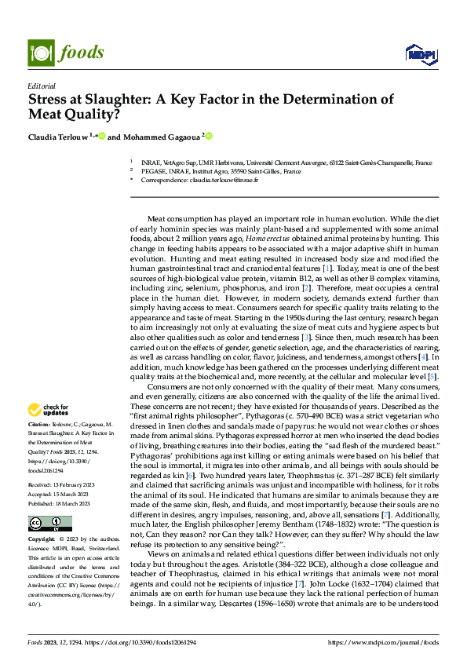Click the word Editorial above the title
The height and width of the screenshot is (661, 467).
[x=41, y=85]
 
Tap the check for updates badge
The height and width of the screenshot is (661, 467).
[x=48, y=409]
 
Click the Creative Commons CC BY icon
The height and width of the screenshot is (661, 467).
[x=49, y=524]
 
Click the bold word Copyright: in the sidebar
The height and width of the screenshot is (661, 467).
[x=42, y=541]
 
